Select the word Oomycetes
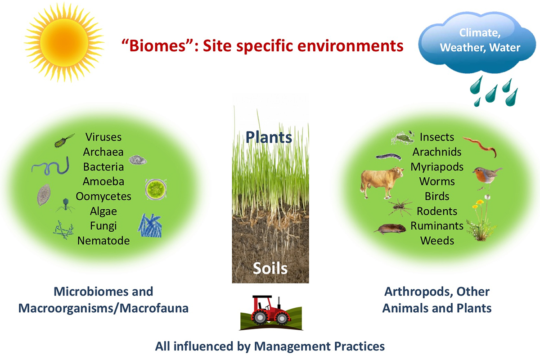tap(103, 197)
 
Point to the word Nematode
tap(103, 241)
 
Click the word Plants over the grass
tap(269, 137)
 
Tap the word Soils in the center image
tap(270, 268)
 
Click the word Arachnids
tap(437, 152)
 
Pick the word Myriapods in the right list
tap(437, 167)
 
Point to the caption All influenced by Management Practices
tap(270, 346)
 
